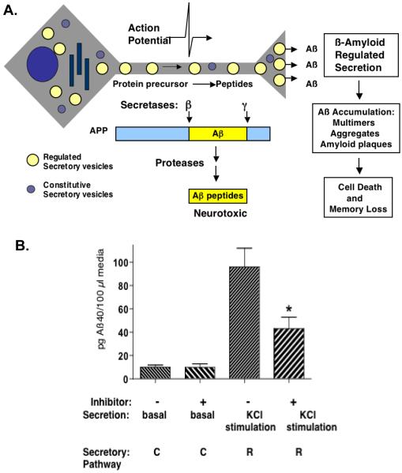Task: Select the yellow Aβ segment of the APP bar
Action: pos(217,133)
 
